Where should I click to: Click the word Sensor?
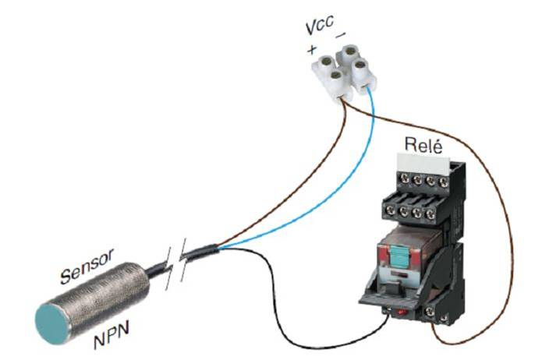[x=87, y=265]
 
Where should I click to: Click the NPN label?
[x=111, y=340]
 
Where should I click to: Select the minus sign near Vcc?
[x=341, y=36]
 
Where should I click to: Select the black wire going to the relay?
[x=296, y=312]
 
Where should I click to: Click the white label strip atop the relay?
[x=420, y=163]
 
